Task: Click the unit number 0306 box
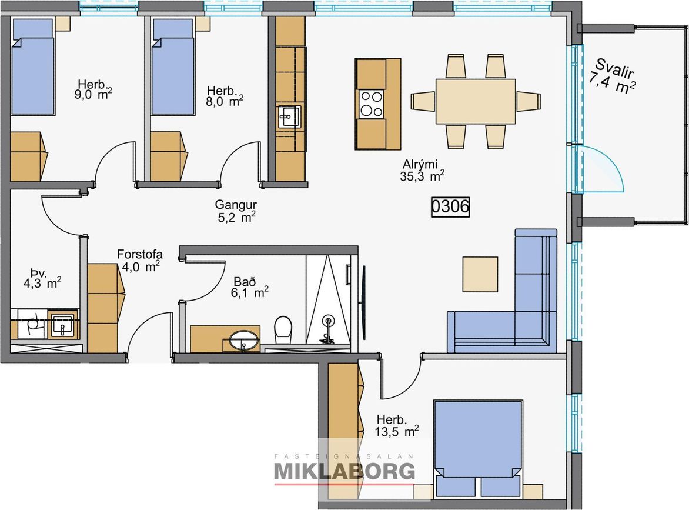pyautogui.click(x=450, y=206)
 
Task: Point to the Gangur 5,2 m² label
pyautogui.click(x=236, y=211)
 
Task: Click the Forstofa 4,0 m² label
pyautogui.click(x=140, y=260)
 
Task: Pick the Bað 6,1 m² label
pyautogui.click(x=249, y=286)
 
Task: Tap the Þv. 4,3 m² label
pyautogui.click(x=42, y=278)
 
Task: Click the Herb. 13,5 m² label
pyautogui.click(x=396, y=425)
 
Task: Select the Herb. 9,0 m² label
pyautogui.click(x=93, y=89)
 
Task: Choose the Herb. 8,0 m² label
pyautogui.click(x=225, y=96)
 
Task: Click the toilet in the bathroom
pyautogui.click(x=283, y=330)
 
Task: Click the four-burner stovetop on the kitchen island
pyautogui.click(x=371, y=104)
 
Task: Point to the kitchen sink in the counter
pyautogui.click(x=289, y=117)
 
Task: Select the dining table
pyautogui.click(x=476, y=101)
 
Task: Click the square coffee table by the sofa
pyautogui.click(x=480, y=274)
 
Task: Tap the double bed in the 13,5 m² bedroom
pyautogui.click(x=478, y=448)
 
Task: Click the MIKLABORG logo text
pyautogui.click(x=344, y=471)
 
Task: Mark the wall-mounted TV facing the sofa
pyautogui.click(x=363, y=302)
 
